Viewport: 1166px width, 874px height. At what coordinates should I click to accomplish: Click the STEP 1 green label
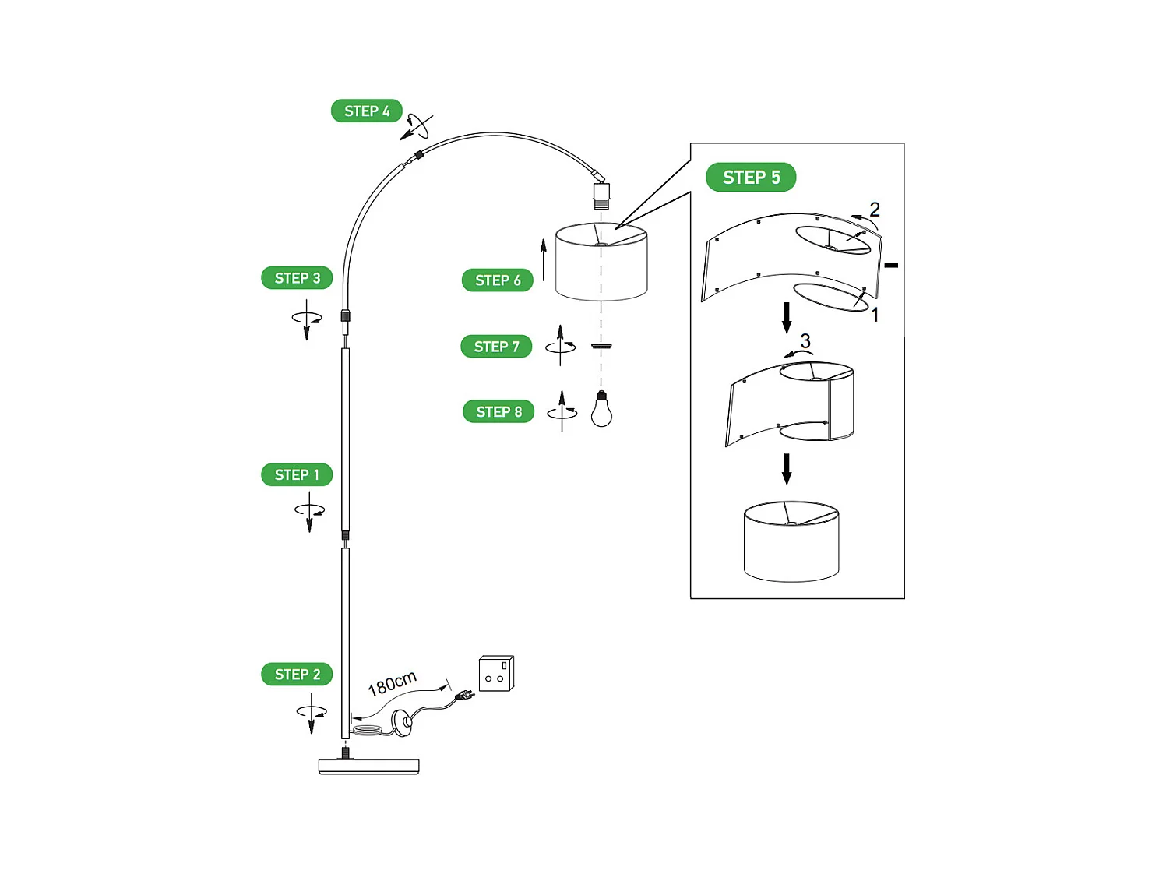point(297,474)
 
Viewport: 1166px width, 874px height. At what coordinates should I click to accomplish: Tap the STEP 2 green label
point(297,674)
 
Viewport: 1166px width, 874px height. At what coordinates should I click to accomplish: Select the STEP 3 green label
point(297,278)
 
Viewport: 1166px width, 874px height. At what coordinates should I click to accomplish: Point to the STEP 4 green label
point(367,111)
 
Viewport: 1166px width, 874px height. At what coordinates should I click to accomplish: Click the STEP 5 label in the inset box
point(751,177)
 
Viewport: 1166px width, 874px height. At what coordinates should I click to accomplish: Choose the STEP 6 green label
point(498,280)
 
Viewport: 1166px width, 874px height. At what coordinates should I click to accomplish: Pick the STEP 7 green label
point(496,346)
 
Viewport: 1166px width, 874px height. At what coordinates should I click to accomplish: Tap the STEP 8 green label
point(498,411)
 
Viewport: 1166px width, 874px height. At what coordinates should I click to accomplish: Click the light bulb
point(601,410)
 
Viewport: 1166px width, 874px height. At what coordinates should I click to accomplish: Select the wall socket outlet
point(496,674)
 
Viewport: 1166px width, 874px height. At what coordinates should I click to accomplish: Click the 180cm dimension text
point(392,682)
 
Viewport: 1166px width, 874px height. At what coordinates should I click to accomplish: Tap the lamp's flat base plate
point(368,767)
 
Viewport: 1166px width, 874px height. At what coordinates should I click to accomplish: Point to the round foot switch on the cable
point(402,722)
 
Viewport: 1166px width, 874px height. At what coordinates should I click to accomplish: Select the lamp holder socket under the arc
point(601,195)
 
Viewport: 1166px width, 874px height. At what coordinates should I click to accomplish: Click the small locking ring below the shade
point(601,346)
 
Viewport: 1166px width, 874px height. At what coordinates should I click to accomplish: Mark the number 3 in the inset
point(805,340)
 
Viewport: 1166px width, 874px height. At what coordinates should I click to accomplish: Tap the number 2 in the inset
point(875,209)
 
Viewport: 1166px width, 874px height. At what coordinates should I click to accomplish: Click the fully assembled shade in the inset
point(791,541)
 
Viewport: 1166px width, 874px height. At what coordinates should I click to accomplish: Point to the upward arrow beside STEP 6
point(544,259)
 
